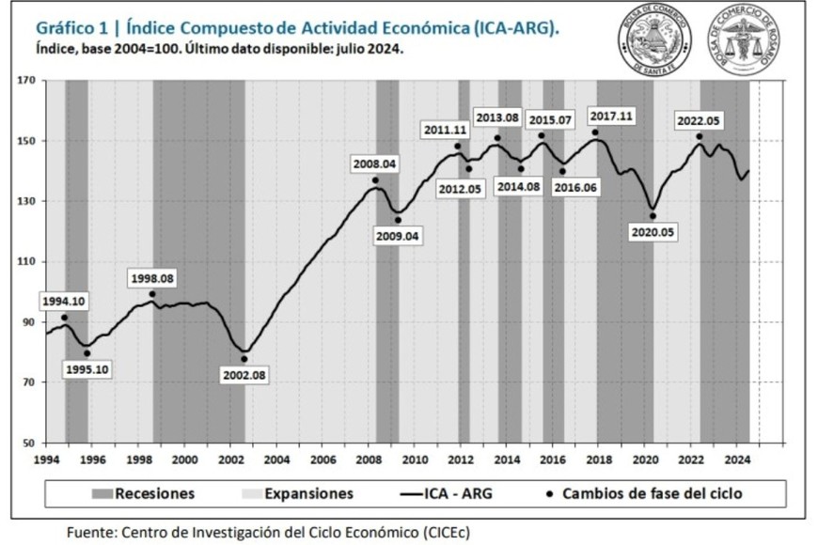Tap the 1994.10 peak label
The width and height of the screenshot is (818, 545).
coord(63,301)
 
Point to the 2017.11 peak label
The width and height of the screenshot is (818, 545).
coord(612,116)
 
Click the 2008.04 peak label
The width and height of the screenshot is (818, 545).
coord(374,163)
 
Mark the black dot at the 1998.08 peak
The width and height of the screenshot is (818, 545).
coord(152,294)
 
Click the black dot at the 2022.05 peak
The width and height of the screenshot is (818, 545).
coord(700,137)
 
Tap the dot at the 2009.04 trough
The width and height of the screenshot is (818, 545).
coord(398,220)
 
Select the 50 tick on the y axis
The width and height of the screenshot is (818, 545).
coord(28,443)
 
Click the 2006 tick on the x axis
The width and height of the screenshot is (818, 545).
coord(322,460)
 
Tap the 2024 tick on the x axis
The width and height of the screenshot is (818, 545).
coord(737,460)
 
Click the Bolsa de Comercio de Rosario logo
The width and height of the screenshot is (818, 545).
coord(747,40)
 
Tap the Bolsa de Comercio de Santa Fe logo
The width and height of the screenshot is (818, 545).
coord(654,40)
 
